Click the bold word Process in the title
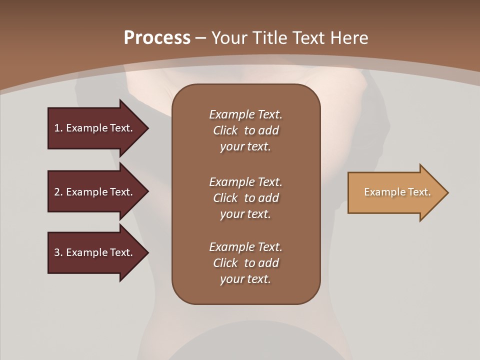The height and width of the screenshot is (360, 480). tap(157, 38)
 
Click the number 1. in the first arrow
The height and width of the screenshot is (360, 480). tap(58, 128)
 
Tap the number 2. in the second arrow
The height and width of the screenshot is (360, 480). tap(58, 192)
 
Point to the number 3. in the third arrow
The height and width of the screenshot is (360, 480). tap(58, 252)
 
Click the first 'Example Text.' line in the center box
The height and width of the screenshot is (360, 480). tap(245, 114)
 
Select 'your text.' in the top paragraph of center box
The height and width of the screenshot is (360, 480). tap(245, 147)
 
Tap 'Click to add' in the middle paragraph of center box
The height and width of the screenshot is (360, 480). tap(245, 198)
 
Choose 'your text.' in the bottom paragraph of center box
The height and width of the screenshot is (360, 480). tap(245, 279)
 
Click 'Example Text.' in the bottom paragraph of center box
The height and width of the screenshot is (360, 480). tap(245, 247)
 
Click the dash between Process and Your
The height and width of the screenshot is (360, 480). tap(200, 38)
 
